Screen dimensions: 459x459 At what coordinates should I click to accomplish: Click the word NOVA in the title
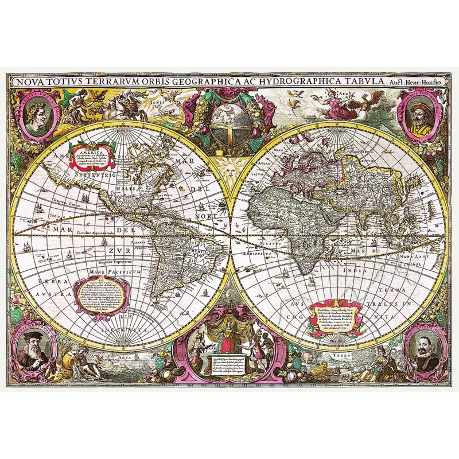29,81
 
